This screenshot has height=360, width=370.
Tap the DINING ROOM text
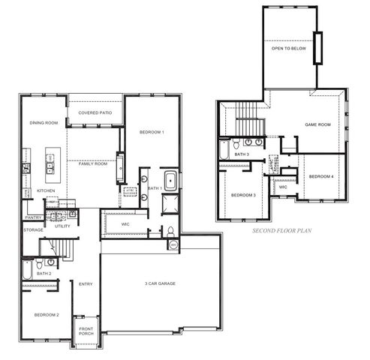[44, 122]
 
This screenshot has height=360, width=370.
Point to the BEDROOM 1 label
[152, 133]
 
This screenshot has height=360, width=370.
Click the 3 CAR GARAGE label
[161, 283]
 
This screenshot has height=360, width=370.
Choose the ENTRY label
[86, 283]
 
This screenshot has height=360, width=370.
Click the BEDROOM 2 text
[47, 315]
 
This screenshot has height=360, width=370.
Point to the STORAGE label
[33, 229]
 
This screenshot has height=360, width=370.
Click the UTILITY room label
[62, 226]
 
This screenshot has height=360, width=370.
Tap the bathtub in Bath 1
[170, 181]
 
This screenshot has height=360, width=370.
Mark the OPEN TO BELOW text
[288, 48]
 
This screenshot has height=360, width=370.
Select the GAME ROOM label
[317, 124]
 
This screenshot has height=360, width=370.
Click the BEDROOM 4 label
[320, 176]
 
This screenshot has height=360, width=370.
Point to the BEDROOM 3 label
[243, 195]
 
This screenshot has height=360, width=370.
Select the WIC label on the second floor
[283, 187]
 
